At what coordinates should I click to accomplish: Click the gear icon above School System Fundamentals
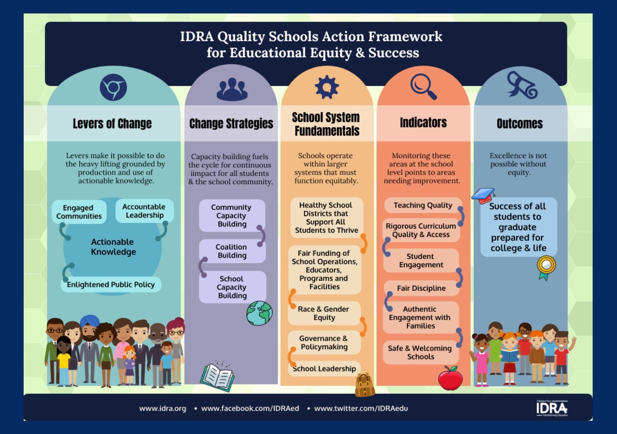point(327,87)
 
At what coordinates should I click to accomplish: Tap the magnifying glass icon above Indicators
point(423,86)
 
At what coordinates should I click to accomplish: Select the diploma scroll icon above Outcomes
point(522,85)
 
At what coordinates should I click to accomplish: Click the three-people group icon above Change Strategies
point(232,89)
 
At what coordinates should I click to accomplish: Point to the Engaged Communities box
point(79,212)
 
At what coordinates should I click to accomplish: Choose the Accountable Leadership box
point(144,211)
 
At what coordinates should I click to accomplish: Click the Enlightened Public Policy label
point(111,284)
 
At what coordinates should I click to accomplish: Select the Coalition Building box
point(232,251)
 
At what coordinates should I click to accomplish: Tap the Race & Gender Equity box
point(324,313)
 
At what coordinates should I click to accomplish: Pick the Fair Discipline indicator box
point(421,288)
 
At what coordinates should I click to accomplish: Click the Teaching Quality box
point(423,205)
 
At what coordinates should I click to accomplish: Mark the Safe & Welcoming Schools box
point(420,352)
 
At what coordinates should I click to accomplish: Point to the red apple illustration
point(450,378)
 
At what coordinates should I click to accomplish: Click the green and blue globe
point(260,313)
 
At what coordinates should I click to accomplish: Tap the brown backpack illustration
point(365,385)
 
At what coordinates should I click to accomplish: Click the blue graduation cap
point(484,195)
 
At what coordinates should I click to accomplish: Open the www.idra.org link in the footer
point(162,408)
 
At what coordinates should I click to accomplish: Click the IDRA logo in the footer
point(552,408)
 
